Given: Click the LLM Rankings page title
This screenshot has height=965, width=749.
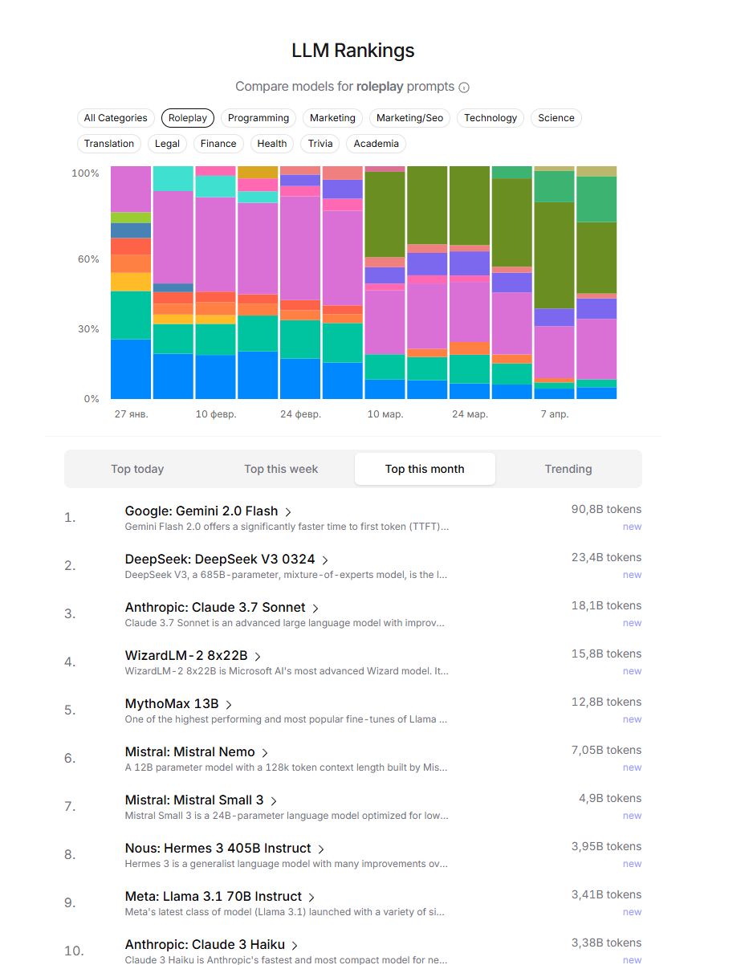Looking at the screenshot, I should tap(353, 51).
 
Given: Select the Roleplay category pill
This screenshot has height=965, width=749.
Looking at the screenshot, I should tap(187, 118).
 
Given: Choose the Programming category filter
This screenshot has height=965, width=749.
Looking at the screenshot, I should tap(258, 118).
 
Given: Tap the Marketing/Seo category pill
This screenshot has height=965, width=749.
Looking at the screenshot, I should tap(409, 118).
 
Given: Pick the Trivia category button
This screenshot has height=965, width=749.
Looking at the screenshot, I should tap(320, 144).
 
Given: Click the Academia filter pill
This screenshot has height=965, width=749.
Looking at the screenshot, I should tap(376, 144).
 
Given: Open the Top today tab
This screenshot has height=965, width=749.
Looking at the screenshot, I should tap(137, 469).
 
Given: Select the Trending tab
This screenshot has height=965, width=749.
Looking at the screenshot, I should tap(568, 469).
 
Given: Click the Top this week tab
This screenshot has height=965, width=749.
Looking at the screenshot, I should tap(281, 469).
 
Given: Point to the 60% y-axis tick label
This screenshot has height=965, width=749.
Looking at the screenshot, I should tap(86, 259).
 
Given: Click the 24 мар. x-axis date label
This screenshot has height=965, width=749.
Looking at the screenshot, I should tap(470, 414).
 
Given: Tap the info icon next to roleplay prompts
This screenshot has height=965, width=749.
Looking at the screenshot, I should tap(464, 88).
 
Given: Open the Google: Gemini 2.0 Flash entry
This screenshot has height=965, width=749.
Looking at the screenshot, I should tap(201, 511).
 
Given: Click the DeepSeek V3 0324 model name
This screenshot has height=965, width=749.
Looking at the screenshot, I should tap(220, 560).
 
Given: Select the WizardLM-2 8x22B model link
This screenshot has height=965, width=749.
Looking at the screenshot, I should tap(186, 656).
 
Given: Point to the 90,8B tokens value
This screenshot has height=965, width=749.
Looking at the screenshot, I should tap(606, 510).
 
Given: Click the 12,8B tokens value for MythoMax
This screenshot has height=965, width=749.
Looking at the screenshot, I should tap(606, 702).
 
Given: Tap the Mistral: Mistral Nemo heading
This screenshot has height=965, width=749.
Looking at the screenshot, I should tap(189, 752).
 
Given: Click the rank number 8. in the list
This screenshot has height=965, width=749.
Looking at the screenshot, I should tap(70, 855).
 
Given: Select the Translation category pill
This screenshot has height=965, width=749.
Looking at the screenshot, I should tap(109, 144).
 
